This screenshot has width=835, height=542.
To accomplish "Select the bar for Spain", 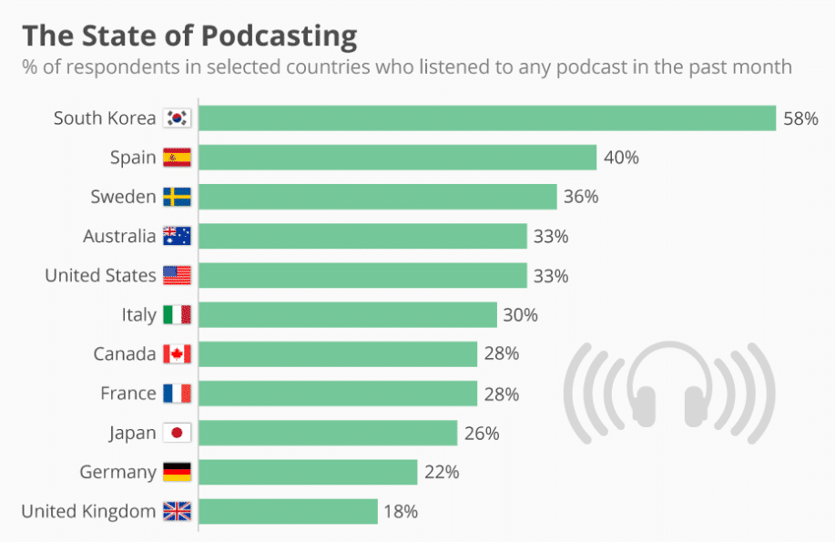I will pyautogui.click(x=397, y=158).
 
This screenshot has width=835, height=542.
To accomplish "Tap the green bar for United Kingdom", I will pyautogui.click(x=288, y=511).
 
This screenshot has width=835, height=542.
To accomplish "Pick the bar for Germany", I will pyautogui.click(x=308, y=472).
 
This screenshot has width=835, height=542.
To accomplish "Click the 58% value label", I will pyautogui.click(x=800, y=118).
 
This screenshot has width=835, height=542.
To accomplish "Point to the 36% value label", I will pyautogui.click(x=580, y=197).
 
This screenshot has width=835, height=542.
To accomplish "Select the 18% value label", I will pyautogui.click(x=401, y=511).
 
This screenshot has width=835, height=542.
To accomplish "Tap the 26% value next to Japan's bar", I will pyautogui.click(x=481, y=433).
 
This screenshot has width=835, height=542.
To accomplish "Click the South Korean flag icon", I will pyautogui.click(x=177, y=118).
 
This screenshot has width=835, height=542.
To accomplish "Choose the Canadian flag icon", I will pyautogui.click(x=177, y=353).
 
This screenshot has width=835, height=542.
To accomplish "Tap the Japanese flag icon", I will pyautogui.click(x=177, y=433).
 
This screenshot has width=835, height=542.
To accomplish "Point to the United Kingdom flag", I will pyautogui.click(x=177, y=511).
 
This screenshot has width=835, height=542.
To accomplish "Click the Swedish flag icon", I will pyautogui.click(x=177, y=197).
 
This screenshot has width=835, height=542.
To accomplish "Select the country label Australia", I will pyautogui.click(x=119, y=236).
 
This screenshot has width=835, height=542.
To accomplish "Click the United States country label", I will pyautogui.click(x=100, y=275).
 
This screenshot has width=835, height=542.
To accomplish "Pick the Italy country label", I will pyautogui.click(x=138, y=314).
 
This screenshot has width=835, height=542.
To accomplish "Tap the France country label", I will pyautogui.click(x=127, y=394).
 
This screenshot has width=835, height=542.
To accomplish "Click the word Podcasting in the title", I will pyautogui.click(x=279, y=36).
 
